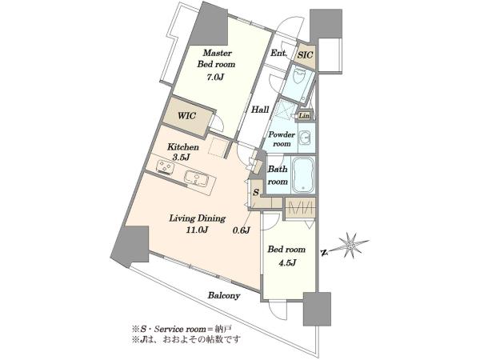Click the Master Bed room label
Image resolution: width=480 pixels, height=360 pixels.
point(217,58)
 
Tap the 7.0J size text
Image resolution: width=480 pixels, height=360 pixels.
point(215,78)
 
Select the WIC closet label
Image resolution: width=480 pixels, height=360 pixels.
point(186,116)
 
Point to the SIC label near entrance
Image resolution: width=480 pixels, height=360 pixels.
point(306,55)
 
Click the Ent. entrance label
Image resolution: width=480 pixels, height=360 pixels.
point(278,54)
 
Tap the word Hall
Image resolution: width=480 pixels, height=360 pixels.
point(260,110)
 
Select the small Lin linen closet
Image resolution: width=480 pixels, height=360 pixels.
point(304,116)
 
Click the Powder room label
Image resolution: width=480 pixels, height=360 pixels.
point(282,139)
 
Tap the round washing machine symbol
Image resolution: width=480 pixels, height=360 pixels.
point(306,138)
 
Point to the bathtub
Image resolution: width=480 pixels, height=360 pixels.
point(302,175)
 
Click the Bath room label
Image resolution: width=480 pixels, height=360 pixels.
point(278,175)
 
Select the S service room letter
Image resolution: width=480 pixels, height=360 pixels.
point(256,193)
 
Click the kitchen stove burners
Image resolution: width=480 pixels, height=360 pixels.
point(165,167)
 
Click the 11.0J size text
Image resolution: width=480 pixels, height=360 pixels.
point(198,230)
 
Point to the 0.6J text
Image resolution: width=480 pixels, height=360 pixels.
point(242,230)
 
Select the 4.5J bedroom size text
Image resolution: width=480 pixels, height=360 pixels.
point(286,262)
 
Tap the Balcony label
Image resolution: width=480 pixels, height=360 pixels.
point(224,296)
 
